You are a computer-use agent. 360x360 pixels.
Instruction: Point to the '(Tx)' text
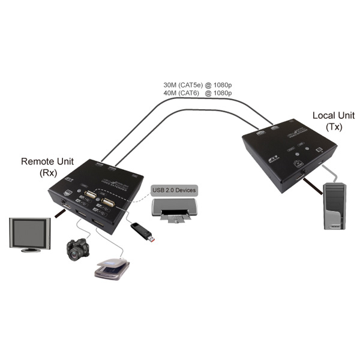point(332,127)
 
